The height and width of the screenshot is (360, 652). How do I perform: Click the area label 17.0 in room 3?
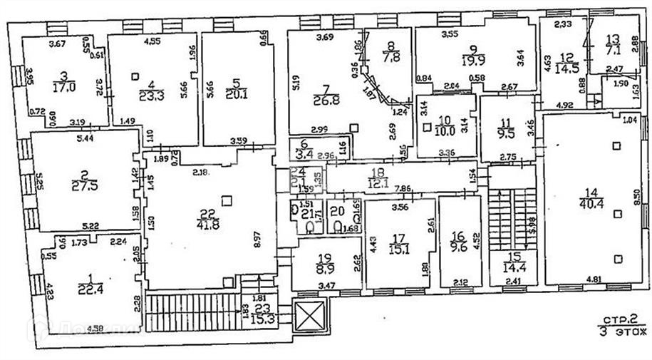point(65,88)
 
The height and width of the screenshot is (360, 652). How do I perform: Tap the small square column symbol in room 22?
point(227,200)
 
